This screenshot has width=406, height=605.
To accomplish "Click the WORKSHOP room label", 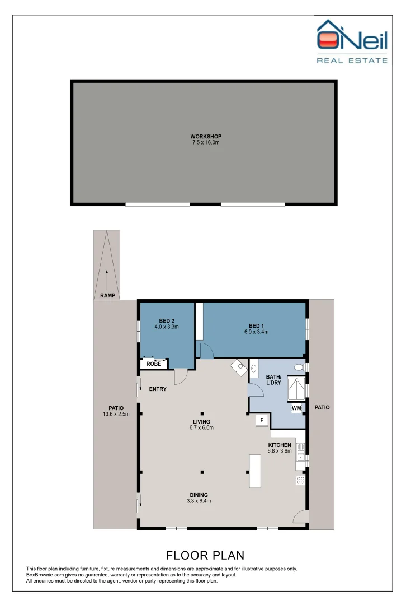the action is pos(206,136).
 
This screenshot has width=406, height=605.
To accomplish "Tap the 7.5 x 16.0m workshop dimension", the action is pos(206,142).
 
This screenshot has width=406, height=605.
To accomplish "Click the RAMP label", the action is pos(107,296).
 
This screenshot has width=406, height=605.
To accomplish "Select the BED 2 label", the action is pos(167,320).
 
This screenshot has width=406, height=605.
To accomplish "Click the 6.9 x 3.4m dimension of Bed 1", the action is pos(257,332).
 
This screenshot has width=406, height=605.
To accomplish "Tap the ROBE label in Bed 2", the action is pos(154,364).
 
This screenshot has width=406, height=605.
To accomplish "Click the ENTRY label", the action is pos(158,389).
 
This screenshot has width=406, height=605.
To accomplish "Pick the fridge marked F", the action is pos(262,420).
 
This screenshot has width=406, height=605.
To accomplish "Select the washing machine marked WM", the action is pos(296,408).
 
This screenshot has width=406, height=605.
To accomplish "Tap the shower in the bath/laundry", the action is pos(296,389).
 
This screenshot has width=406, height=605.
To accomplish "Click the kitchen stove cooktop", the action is pos(300,481).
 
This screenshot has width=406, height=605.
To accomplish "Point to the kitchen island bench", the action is pos(255,471).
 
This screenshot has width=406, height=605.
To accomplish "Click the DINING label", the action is pos(199,495).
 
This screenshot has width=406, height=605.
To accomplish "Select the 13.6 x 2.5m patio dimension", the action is pos(116,415).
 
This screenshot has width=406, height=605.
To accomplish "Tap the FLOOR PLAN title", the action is pos(205,555).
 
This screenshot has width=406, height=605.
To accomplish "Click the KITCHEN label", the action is pos(280,445).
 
